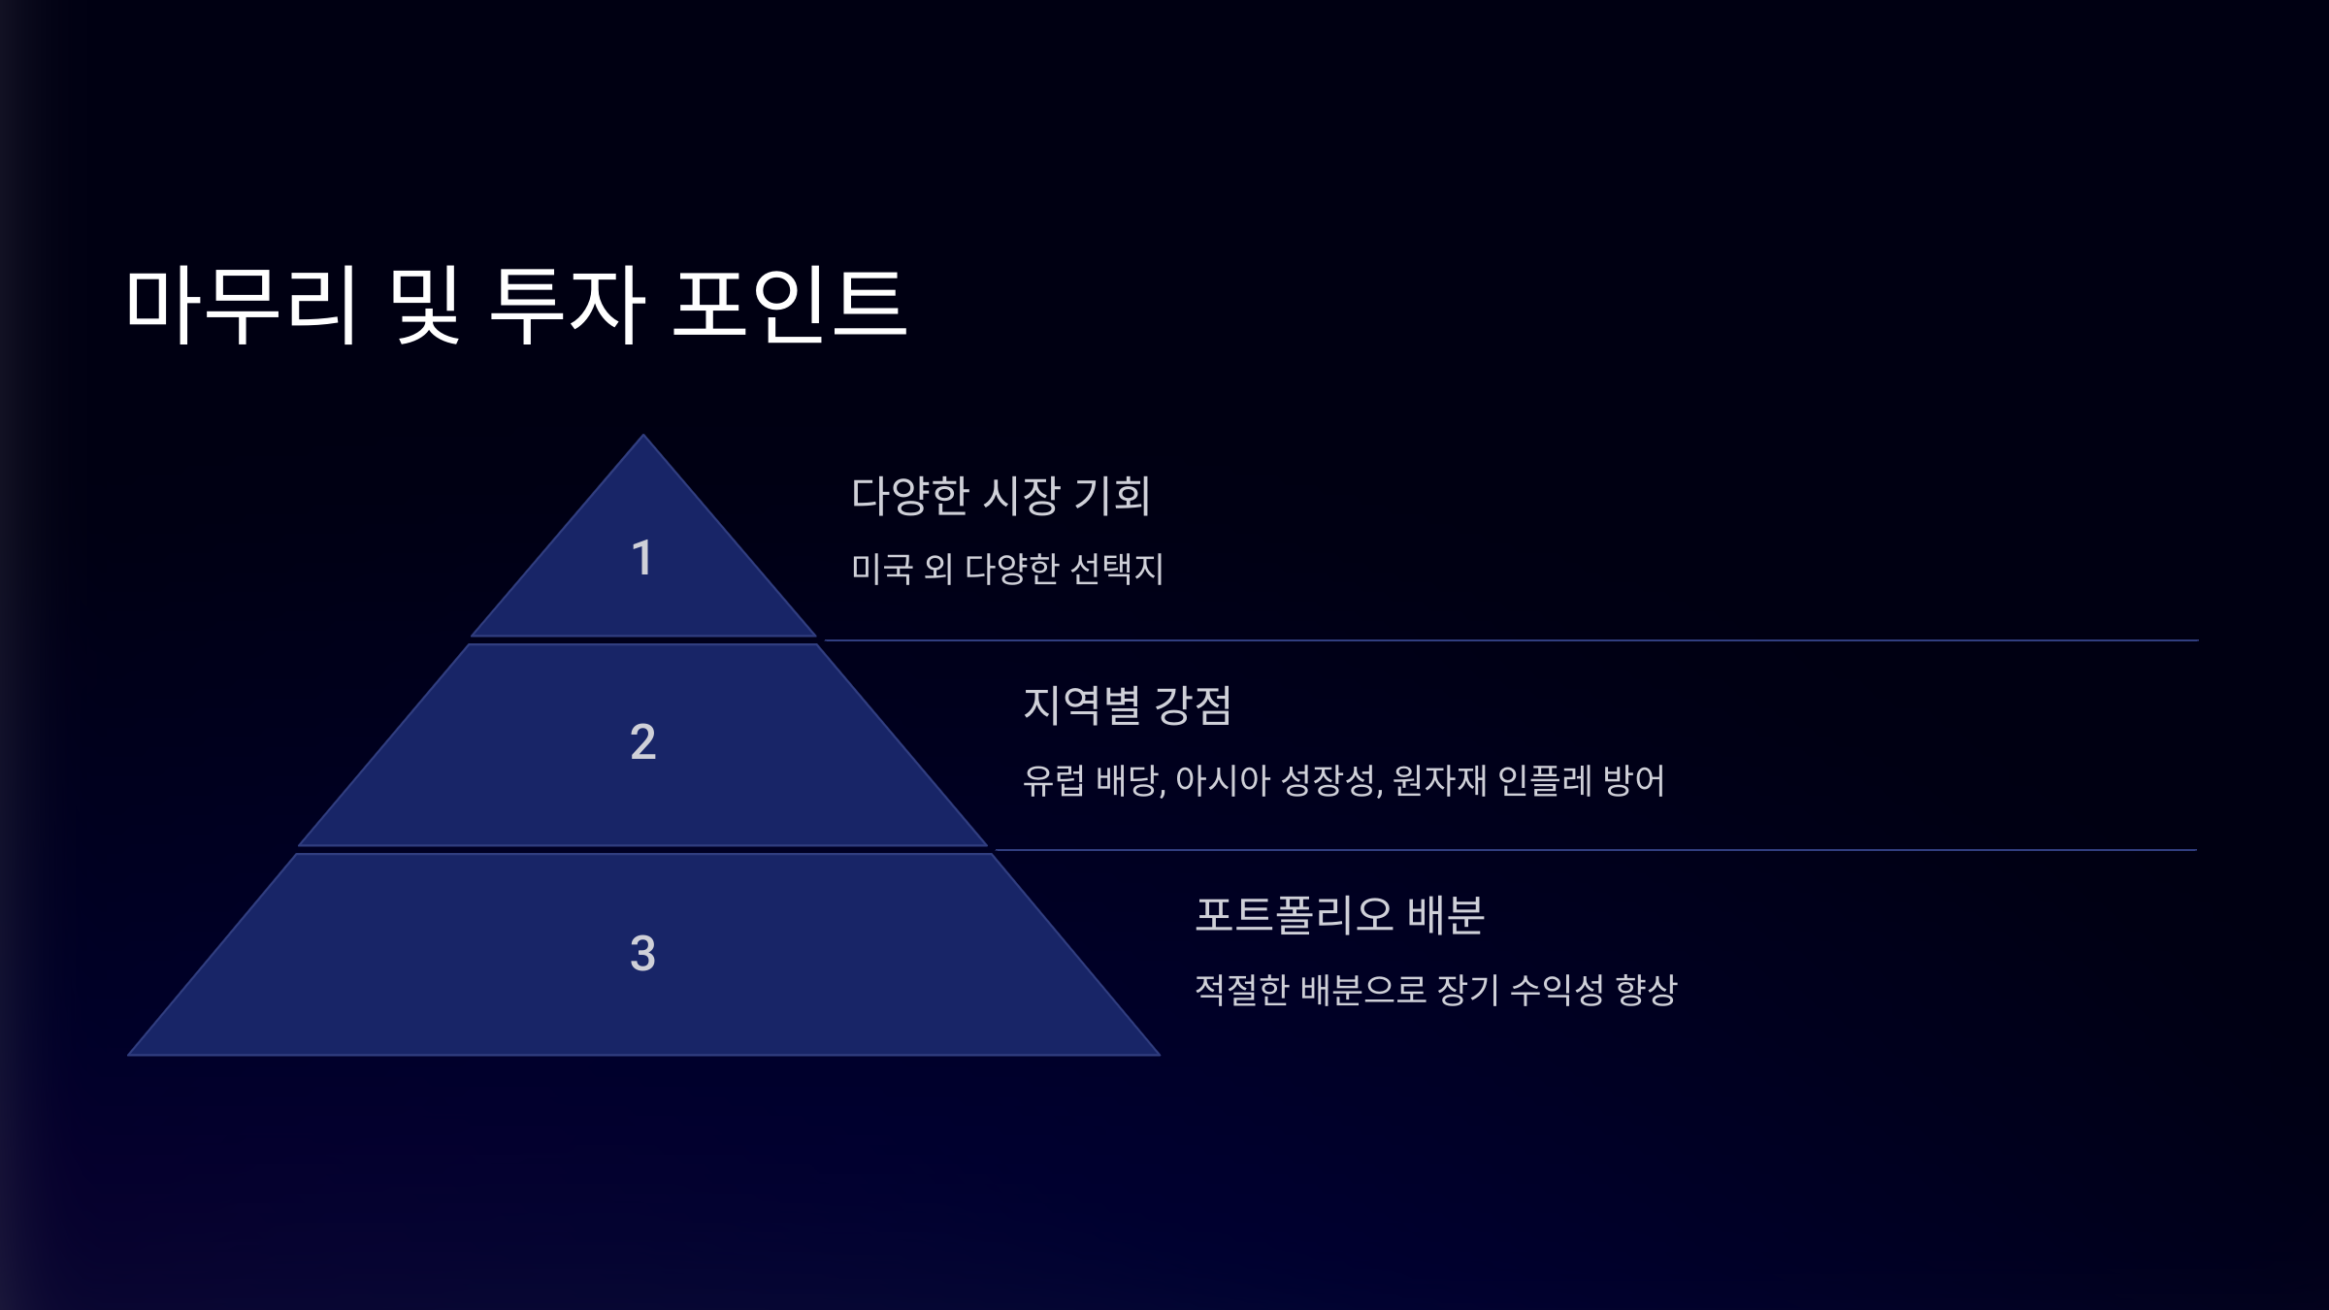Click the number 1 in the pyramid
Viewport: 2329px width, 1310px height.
coord(641,558)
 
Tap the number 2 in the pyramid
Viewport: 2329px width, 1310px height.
coord(642,742)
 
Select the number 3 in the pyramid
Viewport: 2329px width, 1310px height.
coord(642,953)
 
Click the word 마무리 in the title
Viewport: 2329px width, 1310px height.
coord(243,306)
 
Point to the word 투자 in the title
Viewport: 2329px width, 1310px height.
coord(568,306)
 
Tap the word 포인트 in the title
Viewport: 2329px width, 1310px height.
coord(790,306)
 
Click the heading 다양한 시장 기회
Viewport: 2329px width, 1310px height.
coord(1000,495)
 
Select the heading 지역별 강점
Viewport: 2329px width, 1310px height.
coord(1127,705)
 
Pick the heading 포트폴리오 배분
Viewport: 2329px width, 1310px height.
coord(1339,915)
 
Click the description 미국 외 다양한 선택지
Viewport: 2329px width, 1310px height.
coord(1007,569)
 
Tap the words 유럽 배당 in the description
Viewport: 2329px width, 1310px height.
coord(1092,780)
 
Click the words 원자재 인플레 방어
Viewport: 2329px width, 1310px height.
coord(1528,780)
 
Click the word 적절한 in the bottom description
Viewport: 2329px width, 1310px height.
coord(1242,990)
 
